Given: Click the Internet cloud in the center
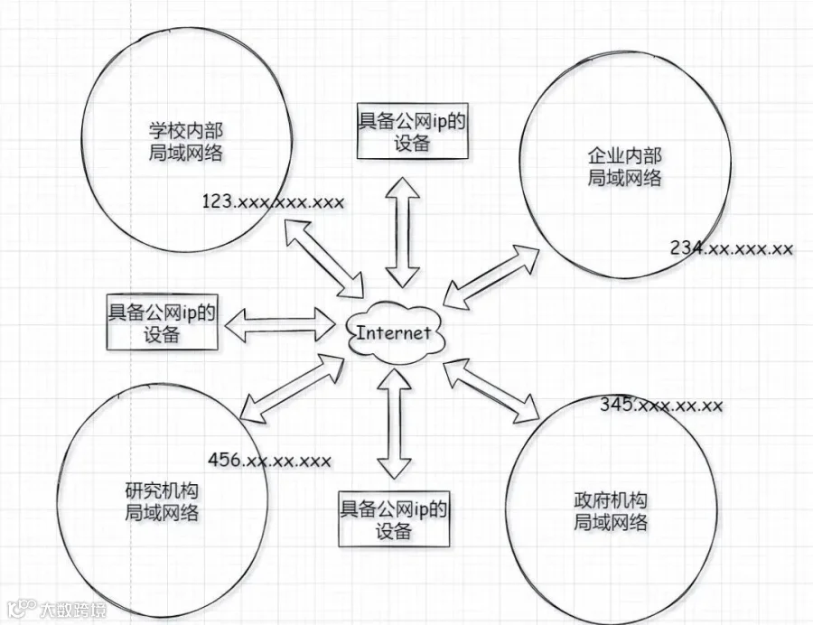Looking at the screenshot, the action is coord(395,332).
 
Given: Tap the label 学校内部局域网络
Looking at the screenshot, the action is coord(186,142).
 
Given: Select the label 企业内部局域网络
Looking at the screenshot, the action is coord(624,166).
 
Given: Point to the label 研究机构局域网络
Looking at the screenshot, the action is coord(162,501).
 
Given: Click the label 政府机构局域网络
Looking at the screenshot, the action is coord(611,511).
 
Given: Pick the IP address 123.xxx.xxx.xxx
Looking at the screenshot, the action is coord(273,201).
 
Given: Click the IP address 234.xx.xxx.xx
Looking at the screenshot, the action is coord(732,248).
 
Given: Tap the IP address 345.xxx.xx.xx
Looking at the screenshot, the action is coord(661,405).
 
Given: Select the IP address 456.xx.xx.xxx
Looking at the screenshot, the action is coord(269,460).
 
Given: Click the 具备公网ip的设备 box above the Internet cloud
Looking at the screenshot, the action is coord(412,131).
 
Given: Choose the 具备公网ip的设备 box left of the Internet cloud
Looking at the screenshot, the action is coord(162,322).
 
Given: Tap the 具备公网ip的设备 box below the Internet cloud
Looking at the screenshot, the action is coord(394,518).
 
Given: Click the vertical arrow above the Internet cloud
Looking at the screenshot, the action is coord(402,233).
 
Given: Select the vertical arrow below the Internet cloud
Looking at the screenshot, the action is coord(394,424).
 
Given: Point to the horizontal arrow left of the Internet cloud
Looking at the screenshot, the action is coord(281,324).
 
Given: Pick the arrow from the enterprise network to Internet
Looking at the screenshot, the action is coord(491,277).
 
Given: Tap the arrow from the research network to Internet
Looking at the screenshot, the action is coord(293,388).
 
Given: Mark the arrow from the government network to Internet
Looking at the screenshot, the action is coord(491,389).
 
